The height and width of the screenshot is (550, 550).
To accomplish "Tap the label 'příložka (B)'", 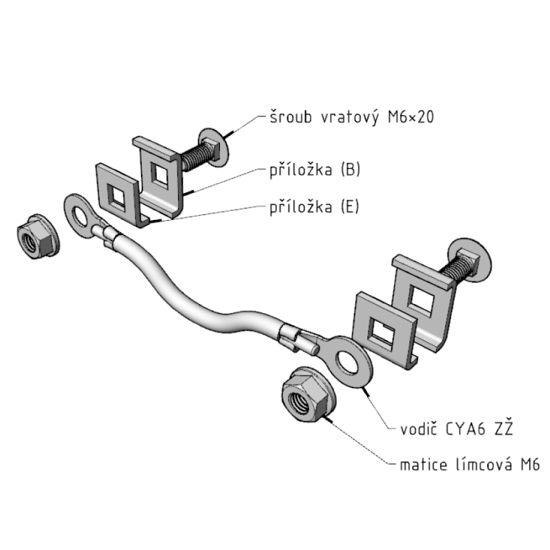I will pos(314,170).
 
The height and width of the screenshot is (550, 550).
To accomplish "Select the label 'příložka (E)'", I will pos(314,207).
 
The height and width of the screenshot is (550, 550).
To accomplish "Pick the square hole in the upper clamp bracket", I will pos(158,173).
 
